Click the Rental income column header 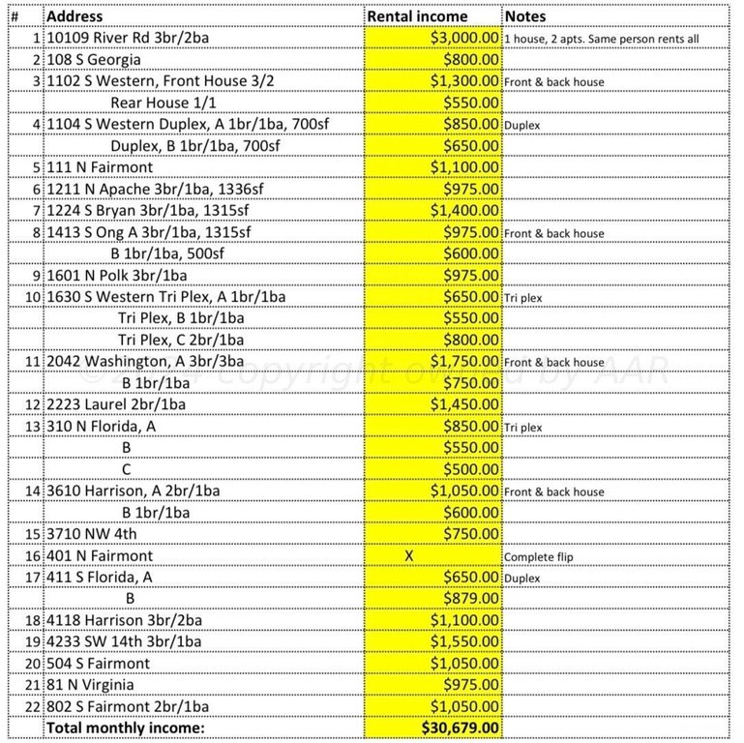(417, 16)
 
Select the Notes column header (525, 16)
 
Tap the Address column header (75, 16)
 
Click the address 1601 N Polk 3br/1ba (117, 276)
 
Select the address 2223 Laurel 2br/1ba (117, 405)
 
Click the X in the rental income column (408, 556)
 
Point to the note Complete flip (540, 557)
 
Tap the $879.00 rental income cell (471, 599)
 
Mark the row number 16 (35, 556)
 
